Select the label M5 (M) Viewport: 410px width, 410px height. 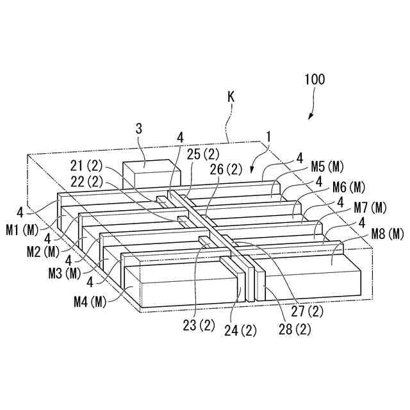[x=327, y=167]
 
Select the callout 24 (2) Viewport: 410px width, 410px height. [x=240, y=331]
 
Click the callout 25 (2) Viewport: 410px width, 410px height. [x=204, y=156]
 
